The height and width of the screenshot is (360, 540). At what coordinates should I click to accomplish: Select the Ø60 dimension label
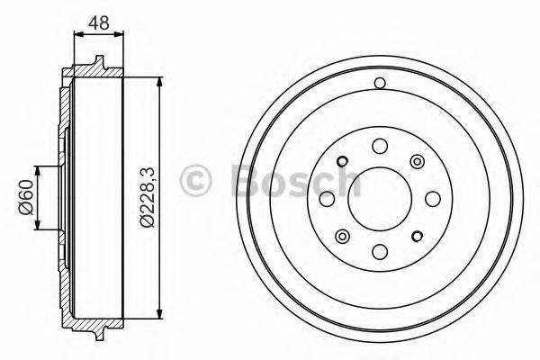click(x=26, y=197)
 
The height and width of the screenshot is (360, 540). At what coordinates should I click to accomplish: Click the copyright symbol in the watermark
click(x=196, y=179)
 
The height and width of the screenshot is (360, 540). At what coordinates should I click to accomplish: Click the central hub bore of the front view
click(x=379, y=198)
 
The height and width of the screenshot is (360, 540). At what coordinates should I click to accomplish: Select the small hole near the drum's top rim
click(x=379, y=84)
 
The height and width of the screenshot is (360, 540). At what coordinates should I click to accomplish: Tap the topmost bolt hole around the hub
click(x=379, y=146)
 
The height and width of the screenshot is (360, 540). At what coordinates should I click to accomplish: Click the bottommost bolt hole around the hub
click(x=379, y=251)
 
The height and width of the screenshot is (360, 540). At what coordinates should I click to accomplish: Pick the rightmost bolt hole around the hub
click(x=431, y=198)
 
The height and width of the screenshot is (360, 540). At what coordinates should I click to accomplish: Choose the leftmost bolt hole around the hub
click(x=327, y=198)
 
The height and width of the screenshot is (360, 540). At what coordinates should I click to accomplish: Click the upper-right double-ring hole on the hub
click(x=416, y=161)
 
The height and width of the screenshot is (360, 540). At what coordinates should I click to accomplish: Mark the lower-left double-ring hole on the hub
click(x=342, y=236)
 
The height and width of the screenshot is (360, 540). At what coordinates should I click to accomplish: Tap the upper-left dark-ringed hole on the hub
click(x=342, y=162)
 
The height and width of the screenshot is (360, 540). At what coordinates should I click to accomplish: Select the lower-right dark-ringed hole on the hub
click(x=416, y=236)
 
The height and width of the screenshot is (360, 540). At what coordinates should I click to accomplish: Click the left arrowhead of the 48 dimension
click(x=76, y=34)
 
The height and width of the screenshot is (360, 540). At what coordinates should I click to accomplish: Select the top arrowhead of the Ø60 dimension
click(x=38, y=171)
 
